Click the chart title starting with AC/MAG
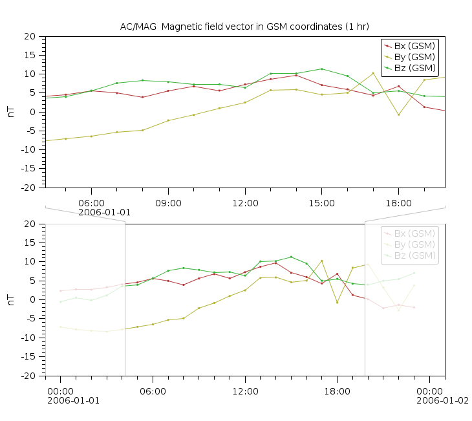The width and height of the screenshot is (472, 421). coord(244,26)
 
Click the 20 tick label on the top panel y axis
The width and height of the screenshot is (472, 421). coord(30,37)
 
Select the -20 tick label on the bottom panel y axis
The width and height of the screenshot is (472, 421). coord(28,375)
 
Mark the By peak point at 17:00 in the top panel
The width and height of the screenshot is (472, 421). coord(373,73)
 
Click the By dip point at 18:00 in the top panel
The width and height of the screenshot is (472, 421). coord(398,115)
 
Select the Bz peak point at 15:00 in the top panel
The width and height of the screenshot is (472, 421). coord(321,69)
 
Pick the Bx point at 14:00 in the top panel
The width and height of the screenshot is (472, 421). coord(296,75)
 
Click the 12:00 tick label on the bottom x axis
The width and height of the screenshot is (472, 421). coord(245,391)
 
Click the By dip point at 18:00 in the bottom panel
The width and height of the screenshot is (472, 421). coord(337,303)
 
